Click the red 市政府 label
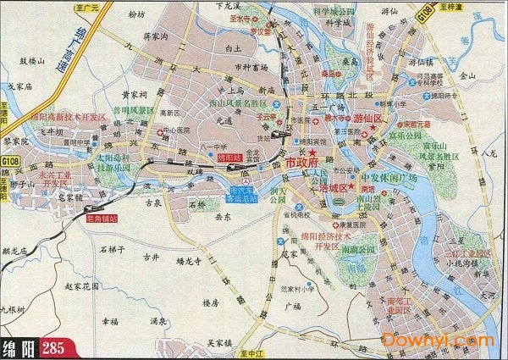tap(307, 161)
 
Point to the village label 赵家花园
tap(82, 290)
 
